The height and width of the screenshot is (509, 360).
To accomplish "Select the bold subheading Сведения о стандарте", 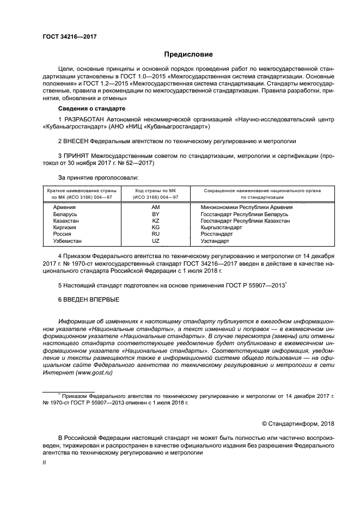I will point(89,108).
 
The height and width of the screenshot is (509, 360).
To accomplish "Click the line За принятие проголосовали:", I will point(98,177).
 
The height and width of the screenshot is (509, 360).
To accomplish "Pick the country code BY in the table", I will point(155,216).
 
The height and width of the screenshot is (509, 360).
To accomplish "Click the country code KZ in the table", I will point(155,222).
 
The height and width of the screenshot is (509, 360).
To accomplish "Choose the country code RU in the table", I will point(155,235).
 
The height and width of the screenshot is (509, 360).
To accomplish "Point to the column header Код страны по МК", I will point(155,191).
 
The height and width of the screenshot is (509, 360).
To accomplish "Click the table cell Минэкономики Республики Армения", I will point(246,207).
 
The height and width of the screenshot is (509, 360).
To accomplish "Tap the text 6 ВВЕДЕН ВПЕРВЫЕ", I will point(88,299).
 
